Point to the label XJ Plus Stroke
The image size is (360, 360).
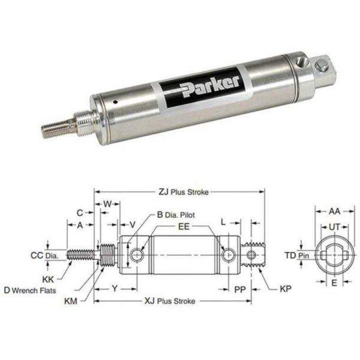click(x=171, y=300)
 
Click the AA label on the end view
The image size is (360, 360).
click(x=333, y=210)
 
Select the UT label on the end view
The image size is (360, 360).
click(x=333, y=227)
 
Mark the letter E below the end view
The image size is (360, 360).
click(x=333, y=283)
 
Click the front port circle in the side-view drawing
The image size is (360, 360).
click(x=138, y=254)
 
